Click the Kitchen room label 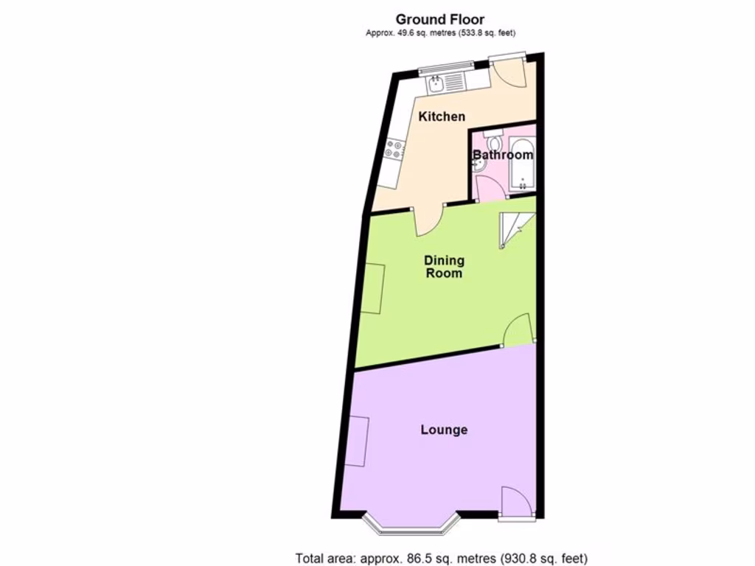[x=442, y=116]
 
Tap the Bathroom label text [x=502, y=156]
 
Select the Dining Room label [x=443, y=266]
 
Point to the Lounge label [x=444, y=430]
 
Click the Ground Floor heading [x=440, y=19]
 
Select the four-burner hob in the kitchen [x=394, y=150]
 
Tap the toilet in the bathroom [x=492, y=140]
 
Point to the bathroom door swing [x=491, y=189]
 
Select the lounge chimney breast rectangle [x=355, y=441]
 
